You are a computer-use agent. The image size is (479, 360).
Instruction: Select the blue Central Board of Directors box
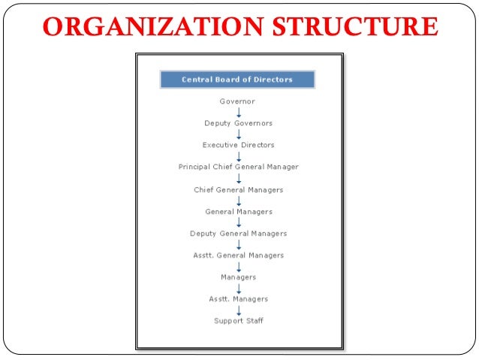tap(237, 79)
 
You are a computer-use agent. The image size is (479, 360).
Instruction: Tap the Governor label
tap(237, 101)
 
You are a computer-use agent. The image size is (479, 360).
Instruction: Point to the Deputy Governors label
tap(238, 123)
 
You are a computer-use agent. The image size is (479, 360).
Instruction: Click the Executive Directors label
tap(238, 144)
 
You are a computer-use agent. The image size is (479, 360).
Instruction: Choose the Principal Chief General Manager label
tap(238, 167)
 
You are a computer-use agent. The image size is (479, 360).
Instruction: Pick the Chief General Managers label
tap(238, 189)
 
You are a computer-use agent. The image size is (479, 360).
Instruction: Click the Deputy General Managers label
tap(238, 233)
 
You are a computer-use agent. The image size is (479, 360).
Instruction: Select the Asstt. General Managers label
tap(238, 256)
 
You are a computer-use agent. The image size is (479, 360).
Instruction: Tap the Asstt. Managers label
tap(238, 299)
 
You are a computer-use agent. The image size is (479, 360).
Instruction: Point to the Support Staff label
tap(238, 321)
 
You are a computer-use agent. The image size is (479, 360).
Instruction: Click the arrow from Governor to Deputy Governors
tap(239, 112)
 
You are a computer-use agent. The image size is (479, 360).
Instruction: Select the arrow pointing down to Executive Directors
tap(239, 134)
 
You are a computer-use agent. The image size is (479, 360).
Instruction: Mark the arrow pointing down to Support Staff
tap(239, 310)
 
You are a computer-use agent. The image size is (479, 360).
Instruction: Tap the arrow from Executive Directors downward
tap(239, 156)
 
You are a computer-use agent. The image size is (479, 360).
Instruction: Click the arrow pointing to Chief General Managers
tap(239, 178)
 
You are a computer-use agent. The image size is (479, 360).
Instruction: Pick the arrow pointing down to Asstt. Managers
tap(239, 288)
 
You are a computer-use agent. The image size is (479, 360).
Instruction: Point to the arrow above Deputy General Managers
tap(239, 222)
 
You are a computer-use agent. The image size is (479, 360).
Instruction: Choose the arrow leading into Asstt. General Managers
tap(239, 244)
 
